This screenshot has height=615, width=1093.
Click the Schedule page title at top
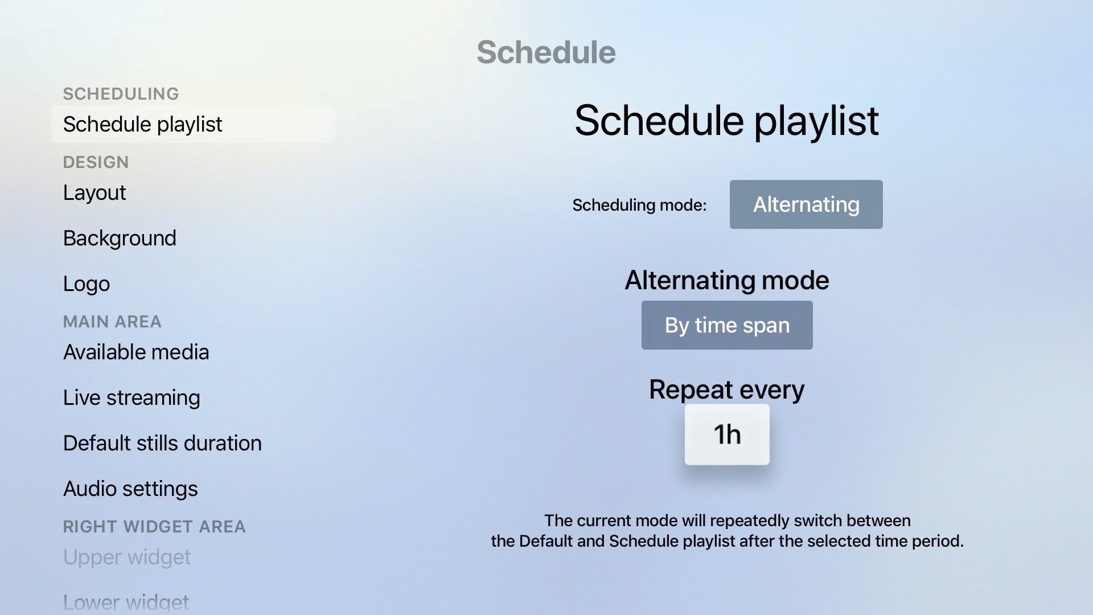coord(546,52)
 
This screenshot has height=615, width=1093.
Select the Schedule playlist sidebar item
coord(193,124)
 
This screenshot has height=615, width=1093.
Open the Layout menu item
coord(94,192)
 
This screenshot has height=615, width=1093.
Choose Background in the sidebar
coord(120,238)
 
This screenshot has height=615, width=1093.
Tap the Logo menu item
coord(87,284)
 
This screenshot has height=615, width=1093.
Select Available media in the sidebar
coord(136,352)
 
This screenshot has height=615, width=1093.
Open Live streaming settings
coord(132,397)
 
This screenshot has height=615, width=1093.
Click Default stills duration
coord(162,443)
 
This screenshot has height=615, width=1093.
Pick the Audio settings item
coord(130,489)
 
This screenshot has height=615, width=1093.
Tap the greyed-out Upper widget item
coord(127,557)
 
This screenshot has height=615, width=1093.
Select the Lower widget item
coord(126,602)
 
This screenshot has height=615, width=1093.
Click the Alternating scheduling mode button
coord(806,204)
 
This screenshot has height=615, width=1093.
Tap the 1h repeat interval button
coord(727,434)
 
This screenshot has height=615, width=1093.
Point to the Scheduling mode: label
coord(639,205)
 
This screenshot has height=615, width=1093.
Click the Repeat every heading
coord(727,390)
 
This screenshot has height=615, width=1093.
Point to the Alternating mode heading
coord(727,280)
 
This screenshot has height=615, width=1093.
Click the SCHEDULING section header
coord(121,94)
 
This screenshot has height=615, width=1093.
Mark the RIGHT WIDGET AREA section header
coord(154,527)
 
